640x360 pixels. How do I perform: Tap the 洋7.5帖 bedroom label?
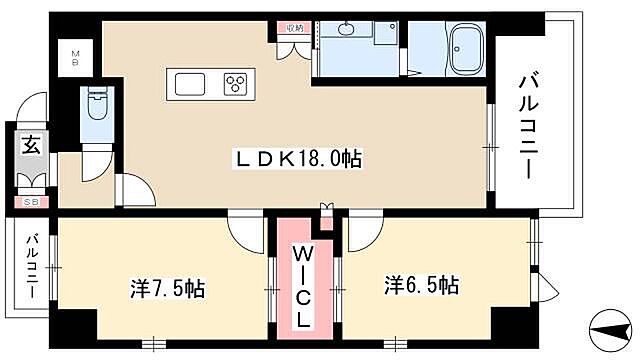click(x=167, y=288)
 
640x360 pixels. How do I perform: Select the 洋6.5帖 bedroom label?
click(x=421, y=285)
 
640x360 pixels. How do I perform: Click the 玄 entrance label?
click(x=30, y=148)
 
